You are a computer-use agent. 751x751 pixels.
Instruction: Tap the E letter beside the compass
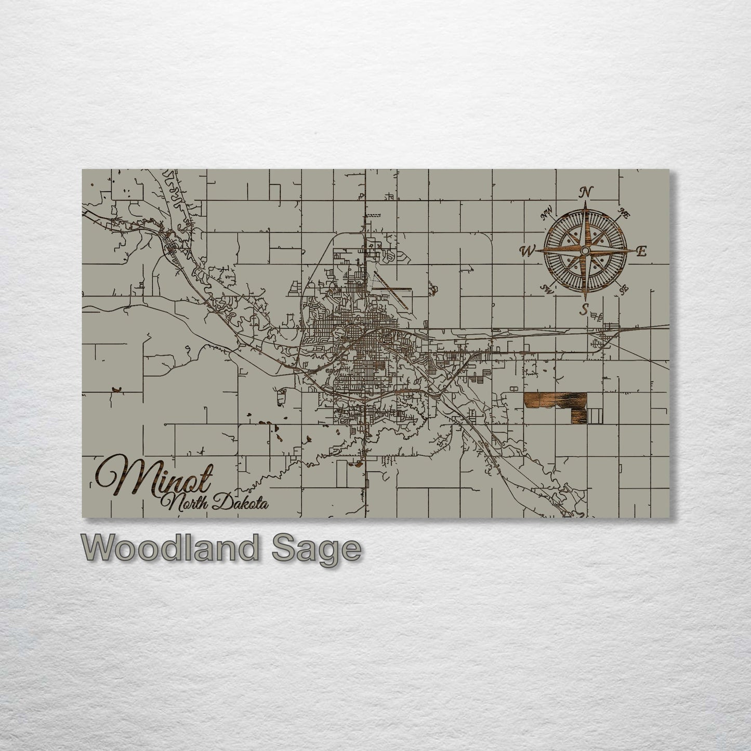[x=641, y=252]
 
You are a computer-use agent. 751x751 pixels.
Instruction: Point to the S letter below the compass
[x=585, y=310]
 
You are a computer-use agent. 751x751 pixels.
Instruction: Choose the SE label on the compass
[x=624, y=290]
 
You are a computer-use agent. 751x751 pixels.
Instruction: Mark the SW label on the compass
[x=546, y=288]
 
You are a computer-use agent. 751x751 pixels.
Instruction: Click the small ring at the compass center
[x=585, y=251]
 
